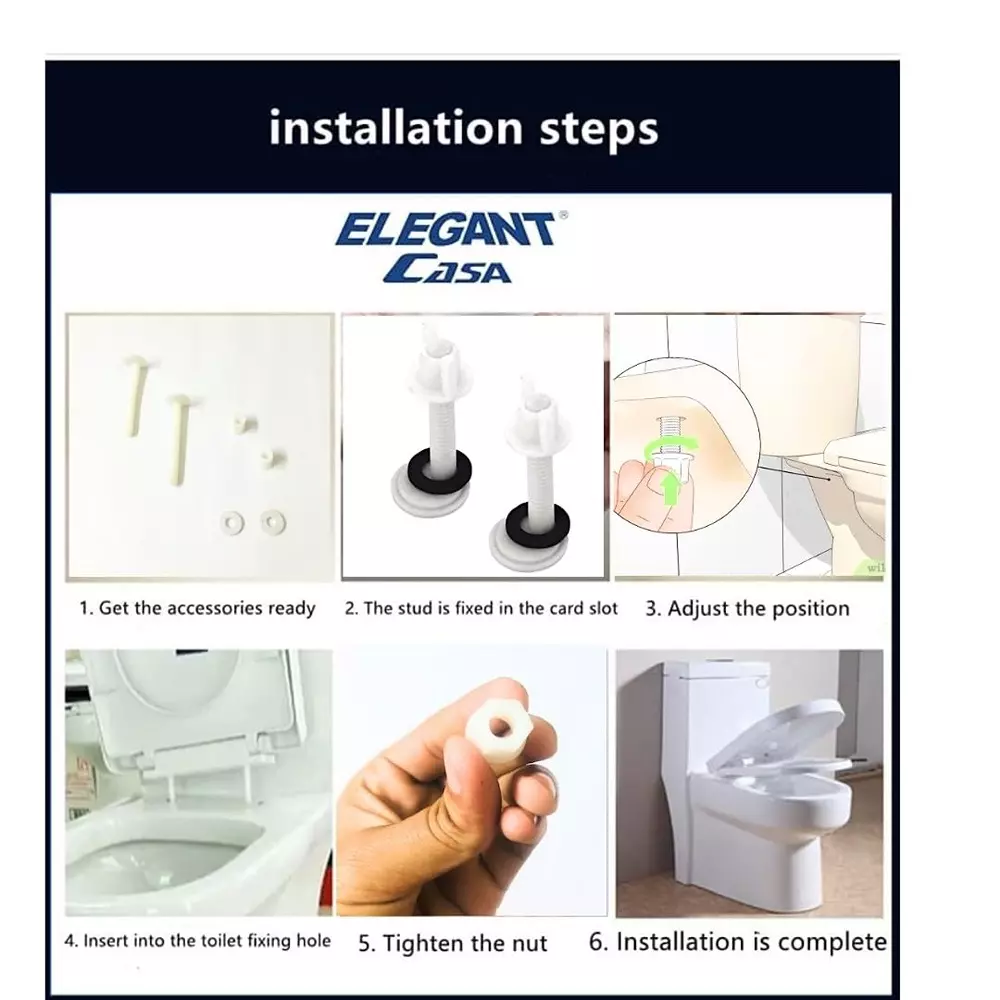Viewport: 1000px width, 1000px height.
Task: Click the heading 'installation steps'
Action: point(463,129)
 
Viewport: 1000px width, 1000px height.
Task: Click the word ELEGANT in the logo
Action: point(444,230)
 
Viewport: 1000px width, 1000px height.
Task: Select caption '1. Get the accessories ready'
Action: point(197,608)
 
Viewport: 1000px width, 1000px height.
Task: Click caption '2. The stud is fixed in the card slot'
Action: point(481,608)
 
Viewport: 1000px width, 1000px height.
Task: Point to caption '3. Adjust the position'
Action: point(746,608)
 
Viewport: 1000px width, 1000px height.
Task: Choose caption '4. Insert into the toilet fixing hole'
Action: point(197,941)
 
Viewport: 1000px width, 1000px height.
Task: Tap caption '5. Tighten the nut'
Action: point(453,943)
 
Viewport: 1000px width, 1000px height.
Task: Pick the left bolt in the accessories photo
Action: point(134,397)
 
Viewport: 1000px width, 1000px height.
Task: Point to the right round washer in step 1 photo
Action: point(272,520)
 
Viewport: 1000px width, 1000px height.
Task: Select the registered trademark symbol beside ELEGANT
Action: point(562,215)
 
